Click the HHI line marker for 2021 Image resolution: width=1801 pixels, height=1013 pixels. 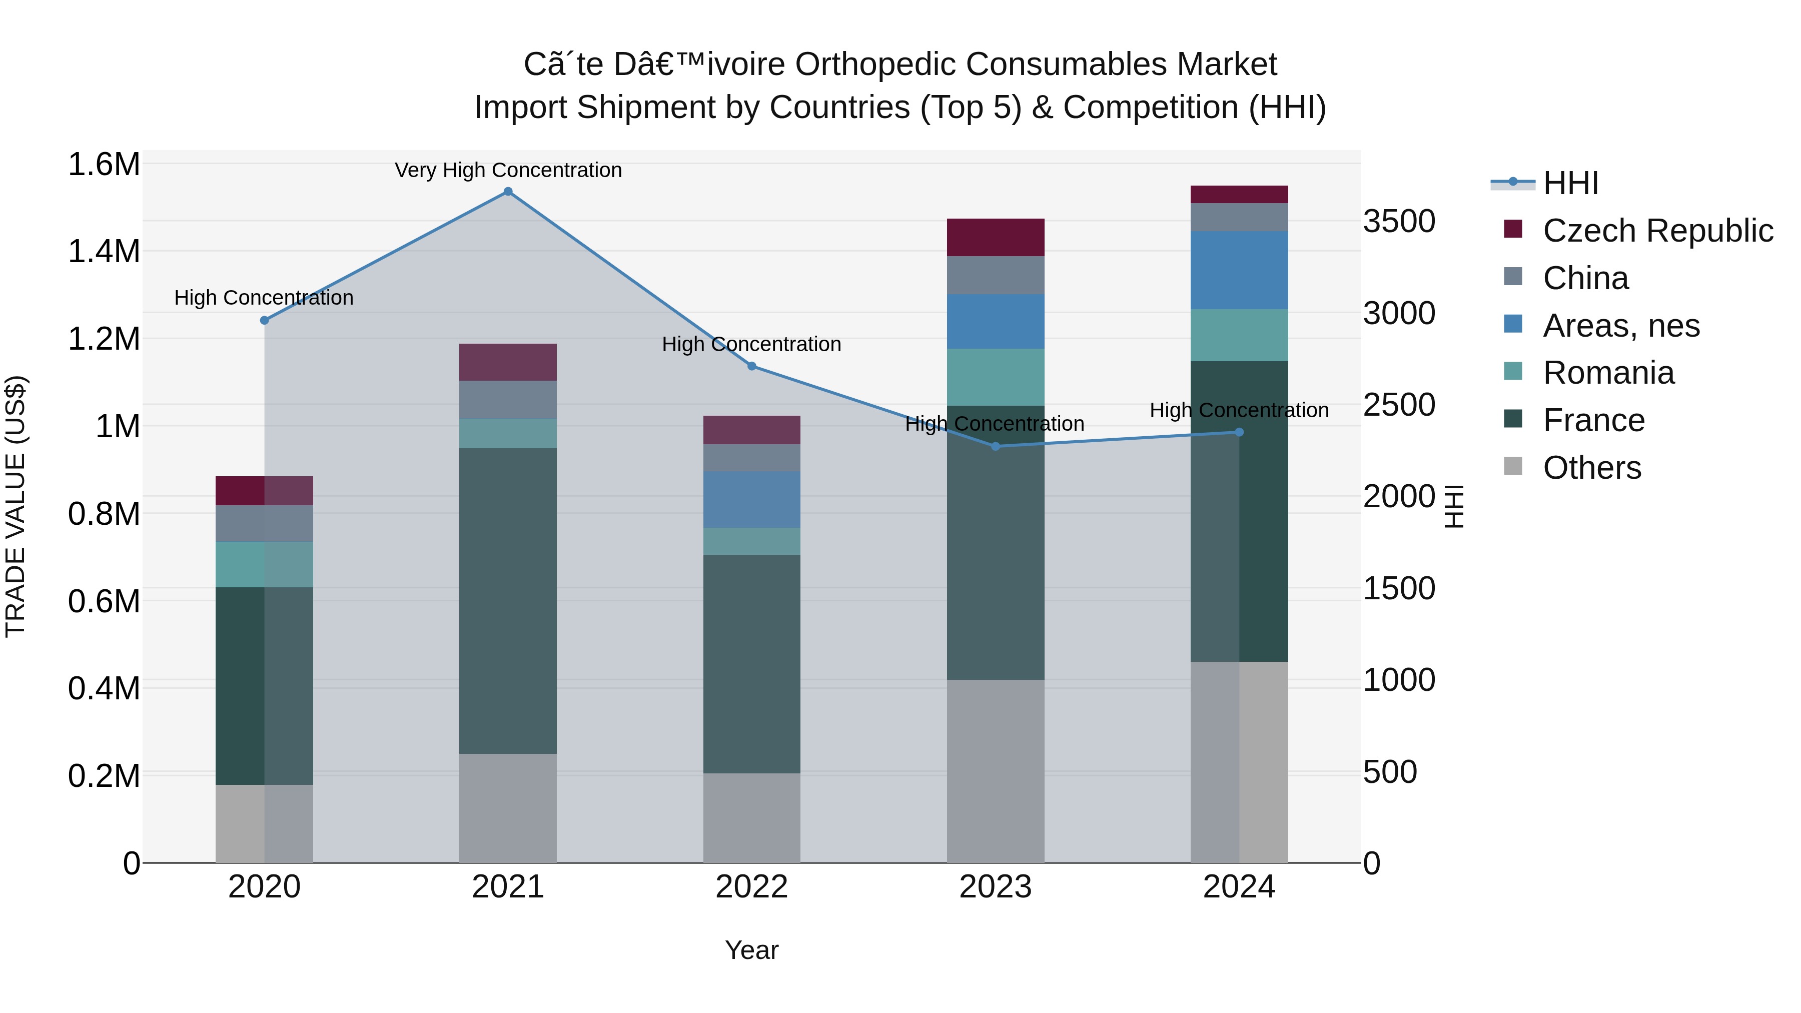[508, 192]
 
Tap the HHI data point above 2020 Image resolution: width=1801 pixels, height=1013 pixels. [264, 320]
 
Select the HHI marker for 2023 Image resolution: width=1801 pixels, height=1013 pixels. [996, 446]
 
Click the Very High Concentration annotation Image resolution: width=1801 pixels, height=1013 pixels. [508, 170]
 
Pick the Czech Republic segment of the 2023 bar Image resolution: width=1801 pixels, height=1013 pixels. [996, 237]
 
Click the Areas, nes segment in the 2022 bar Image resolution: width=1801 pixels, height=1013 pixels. [751, 499]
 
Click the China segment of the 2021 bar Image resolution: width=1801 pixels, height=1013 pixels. [508, 399]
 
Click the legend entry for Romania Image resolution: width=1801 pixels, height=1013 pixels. [1608, 373]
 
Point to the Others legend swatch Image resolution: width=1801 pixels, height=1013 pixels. [1513, 466]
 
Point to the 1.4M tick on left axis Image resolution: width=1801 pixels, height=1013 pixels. [104, 252]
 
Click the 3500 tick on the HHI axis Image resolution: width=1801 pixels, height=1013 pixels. [1399, 222]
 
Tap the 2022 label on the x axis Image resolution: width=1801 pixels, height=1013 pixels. [751, 887]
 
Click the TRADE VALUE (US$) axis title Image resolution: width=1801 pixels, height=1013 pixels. [16, 506]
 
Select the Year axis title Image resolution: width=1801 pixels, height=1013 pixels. [751, 950]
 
